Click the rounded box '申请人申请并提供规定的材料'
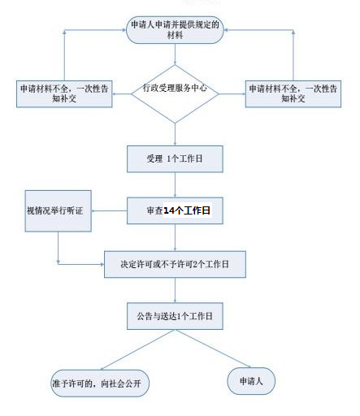coord(175,30)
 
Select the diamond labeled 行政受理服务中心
coord(175,93)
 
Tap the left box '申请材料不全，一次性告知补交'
coord(64,93)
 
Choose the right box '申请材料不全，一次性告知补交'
coord(293,93)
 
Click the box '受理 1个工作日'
coord(175,159)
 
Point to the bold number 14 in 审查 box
coord(170,210)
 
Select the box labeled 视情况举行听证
coord(58,210)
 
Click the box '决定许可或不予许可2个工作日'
coord(175,264)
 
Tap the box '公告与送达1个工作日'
coord(175,316)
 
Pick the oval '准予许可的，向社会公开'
coord(100,383)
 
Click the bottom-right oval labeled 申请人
coord(251,381)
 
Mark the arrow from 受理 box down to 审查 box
coord(175,185)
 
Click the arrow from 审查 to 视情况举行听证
coord(109,210)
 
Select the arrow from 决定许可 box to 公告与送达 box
coord(175,290)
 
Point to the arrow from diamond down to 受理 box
coord(175,135)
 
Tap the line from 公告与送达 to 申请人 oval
coord(213,349)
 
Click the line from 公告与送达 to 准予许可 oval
coord(137,349)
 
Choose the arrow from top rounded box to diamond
coord(175,54)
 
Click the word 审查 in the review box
coord(154,210)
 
